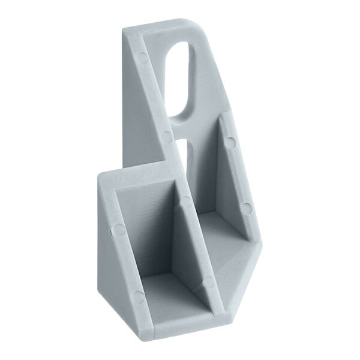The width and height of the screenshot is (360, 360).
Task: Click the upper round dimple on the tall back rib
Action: pos(142,58)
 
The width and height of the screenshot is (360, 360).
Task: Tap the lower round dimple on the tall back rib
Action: pos(166,136)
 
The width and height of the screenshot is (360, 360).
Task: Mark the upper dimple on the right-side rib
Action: pos(230,143)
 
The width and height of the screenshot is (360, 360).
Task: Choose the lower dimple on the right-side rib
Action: pos(246,209)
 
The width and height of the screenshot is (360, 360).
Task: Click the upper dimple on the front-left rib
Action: pos(119,229)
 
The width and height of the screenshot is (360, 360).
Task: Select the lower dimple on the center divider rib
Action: pos(208,281)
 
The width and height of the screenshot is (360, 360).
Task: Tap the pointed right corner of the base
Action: pos(262,246)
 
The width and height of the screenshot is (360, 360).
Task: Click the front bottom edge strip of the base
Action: pos(192,324)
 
